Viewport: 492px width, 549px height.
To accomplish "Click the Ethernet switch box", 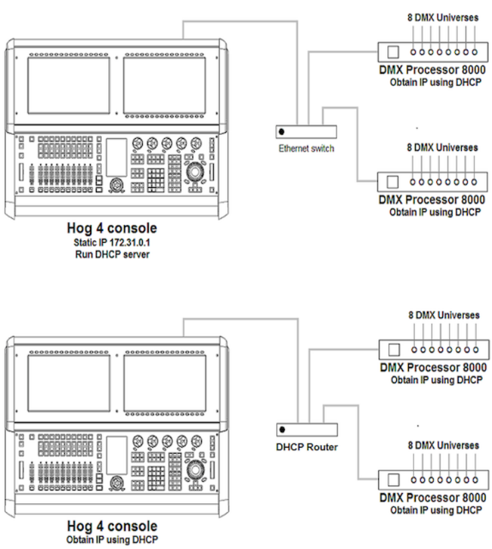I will coord(306,132).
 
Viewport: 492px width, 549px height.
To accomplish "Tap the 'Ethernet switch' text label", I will coord(306,148).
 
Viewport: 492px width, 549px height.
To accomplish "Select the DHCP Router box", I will coord(306,430).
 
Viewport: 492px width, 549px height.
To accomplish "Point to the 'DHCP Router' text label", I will coord(306,446).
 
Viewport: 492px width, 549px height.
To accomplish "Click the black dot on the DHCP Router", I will coord(283,430).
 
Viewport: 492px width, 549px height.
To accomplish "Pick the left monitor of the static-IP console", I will coord(59,85).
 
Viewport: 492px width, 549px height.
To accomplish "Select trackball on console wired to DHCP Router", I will coord(195,470).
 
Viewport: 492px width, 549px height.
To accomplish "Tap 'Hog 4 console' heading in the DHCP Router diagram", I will coord(112,526).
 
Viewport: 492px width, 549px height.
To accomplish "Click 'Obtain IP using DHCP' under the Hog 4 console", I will coord(112,539).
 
